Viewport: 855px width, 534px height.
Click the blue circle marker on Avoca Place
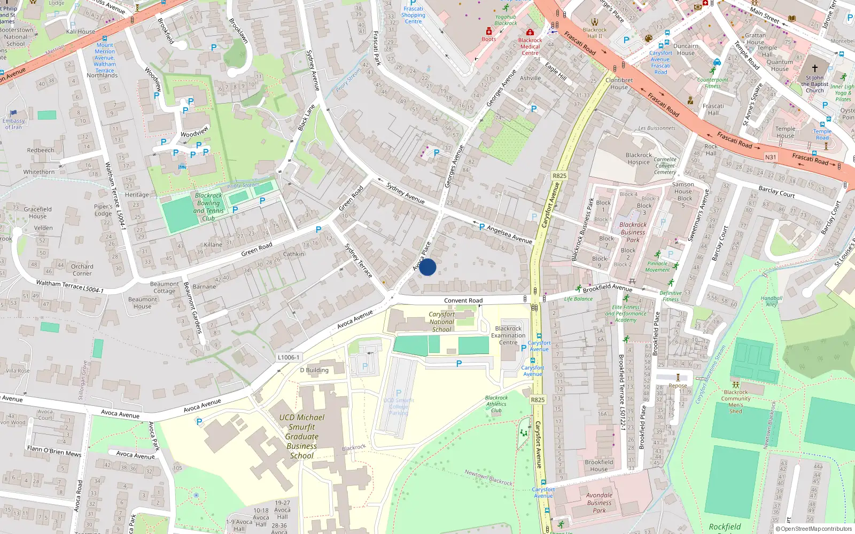click(428, 267)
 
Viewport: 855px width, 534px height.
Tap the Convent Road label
click(463, 301)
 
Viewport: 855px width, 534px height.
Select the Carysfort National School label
click(442, 322)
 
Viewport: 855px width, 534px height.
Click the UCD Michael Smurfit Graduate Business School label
click(302, 436)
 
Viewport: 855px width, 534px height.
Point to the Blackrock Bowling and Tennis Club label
click(208, 207)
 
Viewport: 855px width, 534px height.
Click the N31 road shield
click(770, 157)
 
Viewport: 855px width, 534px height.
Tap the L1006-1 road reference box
click(289, 357)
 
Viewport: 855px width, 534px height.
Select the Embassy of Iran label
click(13, 124)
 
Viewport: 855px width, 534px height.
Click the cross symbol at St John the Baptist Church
click(814, 68)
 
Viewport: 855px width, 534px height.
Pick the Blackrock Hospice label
click(639, 159)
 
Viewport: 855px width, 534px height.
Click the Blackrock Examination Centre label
click(508, 335)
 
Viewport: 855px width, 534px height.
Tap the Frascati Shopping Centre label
click(413, 15)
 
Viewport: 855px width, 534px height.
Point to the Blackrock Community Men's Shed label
click(736, 402)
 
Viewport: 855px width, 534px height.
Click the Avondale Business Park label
click(599, 502)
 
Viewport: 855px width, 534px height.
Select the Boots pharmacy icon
click(488, 32)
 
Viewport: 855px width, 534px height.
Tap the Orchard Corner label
click(82, 270)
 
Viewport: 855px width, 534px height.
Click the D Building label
click(314, 370)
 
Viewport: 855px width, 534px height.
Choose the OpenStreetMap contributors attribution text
click(816, 529)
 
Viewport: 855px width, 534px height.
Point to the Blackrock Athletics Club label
click(496, 404)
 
